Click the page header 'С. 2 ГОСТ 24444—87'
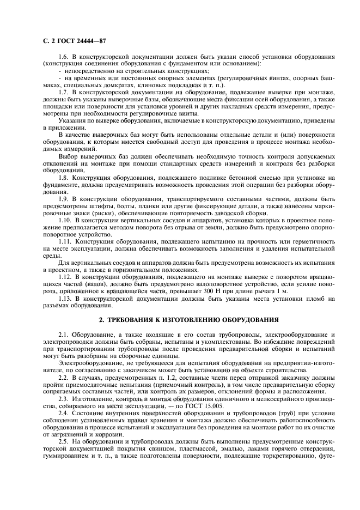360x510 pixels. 71,41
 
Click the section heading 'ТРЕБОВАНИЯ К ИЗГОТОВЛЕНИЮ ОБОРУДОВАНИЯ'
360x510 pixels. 185,319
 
